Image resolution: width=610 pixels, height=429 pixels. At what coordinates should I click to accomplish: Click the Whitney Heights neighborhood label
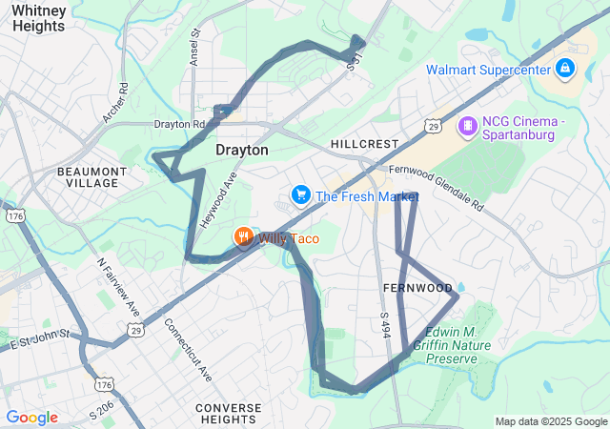pyautogui.click(x=39, y=17)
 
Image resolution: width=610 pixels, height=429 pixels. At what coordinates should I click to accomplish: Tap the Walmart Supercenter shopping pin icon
pyautogui.click(x=565, y=69)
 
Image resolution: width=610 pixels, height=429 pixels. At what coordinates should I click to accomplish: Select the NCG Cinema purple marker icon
pyautogui.click(x=467, y=125)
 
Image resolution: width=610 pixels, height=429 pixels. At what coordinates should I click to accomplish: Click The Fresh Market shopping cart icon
pyautogui.click(x=301, y=196)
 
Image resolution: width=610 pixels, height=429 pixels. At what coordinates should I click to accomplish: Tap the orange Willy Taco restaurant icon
pyautogui.click(x=244, y=237)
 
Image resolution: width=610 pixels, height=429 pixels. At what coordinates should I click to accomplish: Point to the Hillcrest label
pyautogui.click(x=364, y=144)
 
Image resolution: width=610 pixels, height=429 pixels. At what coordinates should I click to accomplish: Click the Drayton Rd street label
pyautogui.click(x=179, y=124)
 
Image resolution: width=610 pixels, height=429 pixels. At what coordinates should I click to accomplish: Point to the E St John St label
pyautogui.click(x=40, y=337)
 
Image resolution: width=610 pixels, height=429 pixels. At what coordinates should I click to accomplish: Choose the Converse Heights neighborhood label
pyautogui.click(x=228, y=414)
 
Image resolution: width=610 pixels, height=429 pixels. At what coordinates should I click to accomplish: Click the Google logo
pyautogui.click(x=31, y=418)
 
